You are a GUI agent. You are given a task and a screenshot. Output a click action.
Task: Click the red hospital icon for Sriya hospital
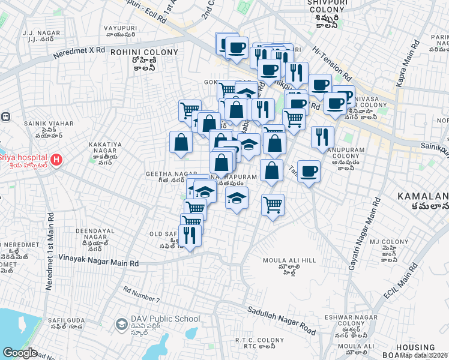pos(56,160)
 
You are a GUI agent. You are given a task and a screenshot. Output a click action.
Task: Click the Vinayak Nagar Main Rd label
pos(99,262)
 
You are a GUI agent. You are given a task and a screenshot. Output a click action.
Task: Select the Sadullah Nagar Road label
pos(282,320)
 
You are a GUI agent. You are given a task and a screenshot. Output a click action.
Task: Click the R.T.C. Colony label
pos(259,344)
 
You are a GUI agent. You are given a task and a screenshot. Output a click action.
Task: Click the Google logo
pos(20,353)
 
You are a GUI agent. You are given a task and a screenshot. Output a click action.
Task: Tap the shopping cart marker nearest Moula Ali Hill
pos(273,206)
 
